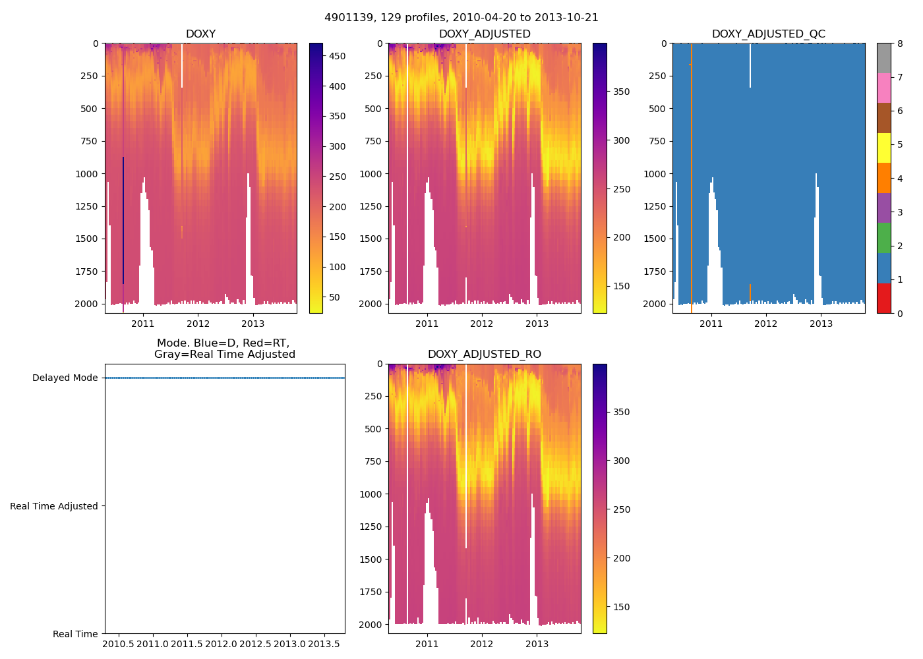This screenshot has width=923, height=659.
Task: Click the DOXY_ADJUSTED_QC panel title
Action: click(x=768, y=34)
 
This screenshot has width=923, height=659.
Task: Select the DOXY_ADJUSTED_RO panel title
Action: click(x=484, y=355)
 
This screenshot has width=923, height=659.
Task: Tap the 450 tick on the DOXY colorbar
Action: click(x=337, y=57)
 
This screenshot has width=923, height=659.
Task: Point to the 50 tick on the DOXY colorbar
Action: click(x=334, y=297)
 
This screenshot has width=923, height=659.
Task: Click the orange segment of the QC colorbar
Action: click(x=883, y=178)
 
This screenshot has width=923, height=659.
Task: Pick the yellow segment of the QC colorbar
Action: click(x=883, y=148)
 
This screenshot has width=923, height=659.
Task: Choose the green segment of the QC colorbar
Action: click(x=883, y=238)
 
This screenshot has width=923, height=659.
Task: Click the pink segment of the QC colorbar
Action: click(x=883, y=88)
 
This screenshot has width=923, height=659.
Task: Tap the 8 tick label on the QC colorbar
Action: click(x=899, y=43)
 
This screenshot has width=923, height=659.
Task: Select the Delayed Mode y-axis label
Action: click(x=65, y=378)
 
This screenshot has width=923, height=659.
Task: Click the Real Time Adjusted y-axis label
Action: click(x=54, y=506)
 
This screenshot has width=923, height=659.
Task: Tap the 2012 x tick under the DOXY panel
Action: click(x=198, y=324)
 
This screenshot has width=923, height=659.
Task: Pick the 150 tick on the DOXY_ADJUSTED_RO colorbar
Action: click(x=621, y=607)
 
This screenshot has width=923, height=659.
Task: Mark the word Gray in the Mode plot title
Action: click(x=169, y=355)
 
